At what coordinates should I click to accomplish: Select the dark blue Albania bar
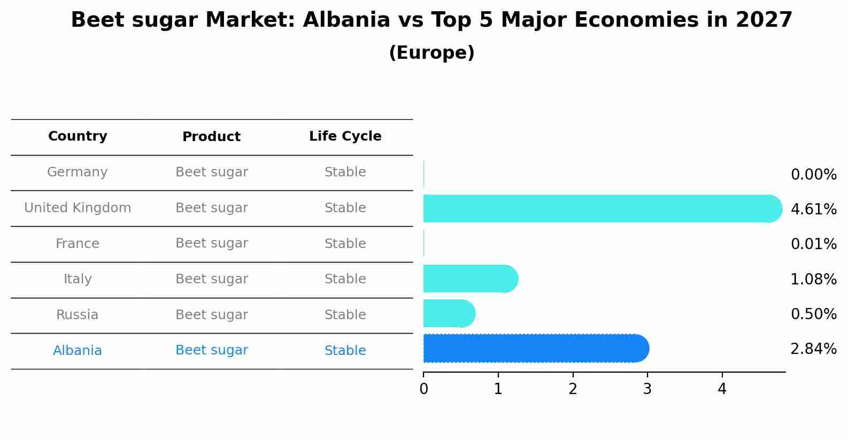point(535,349)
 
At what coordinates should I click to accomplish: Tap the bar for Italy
point(470,279)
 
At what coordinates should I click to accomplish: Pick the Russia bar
point(449,313)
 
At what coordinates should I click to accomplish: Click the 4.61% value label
point(813,209)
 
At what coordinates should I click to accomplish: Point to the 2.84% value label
point(813,349)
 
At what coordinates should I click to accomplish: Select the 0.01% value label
point(813,244)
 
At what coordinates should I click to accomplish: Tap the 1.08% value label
point(813,279)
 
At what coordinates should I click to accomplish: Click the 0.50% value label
point(813,314)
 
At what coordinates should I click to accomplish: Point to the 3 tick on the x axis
point(647,389)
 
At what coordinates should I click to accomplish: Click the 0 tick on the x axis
point(423,389)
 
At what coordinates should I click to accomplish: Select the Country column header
point(78,136)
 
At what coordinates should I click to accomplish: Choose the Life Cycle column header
point(345,136)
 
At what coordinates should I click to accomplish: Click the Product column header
point(211,137)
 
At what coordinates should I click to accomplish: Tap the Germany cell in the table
point(78,172)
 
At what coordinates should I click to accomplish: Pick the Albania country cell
point(78,351)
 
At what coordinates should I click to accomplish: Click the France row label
point(78,244)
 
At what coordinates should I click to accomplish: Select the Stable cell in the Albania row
point(345,351)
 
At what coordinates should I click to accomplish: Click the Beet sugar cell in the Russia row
point(211,315)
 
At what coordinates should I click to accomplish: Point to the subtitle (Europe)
point(431,53)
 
